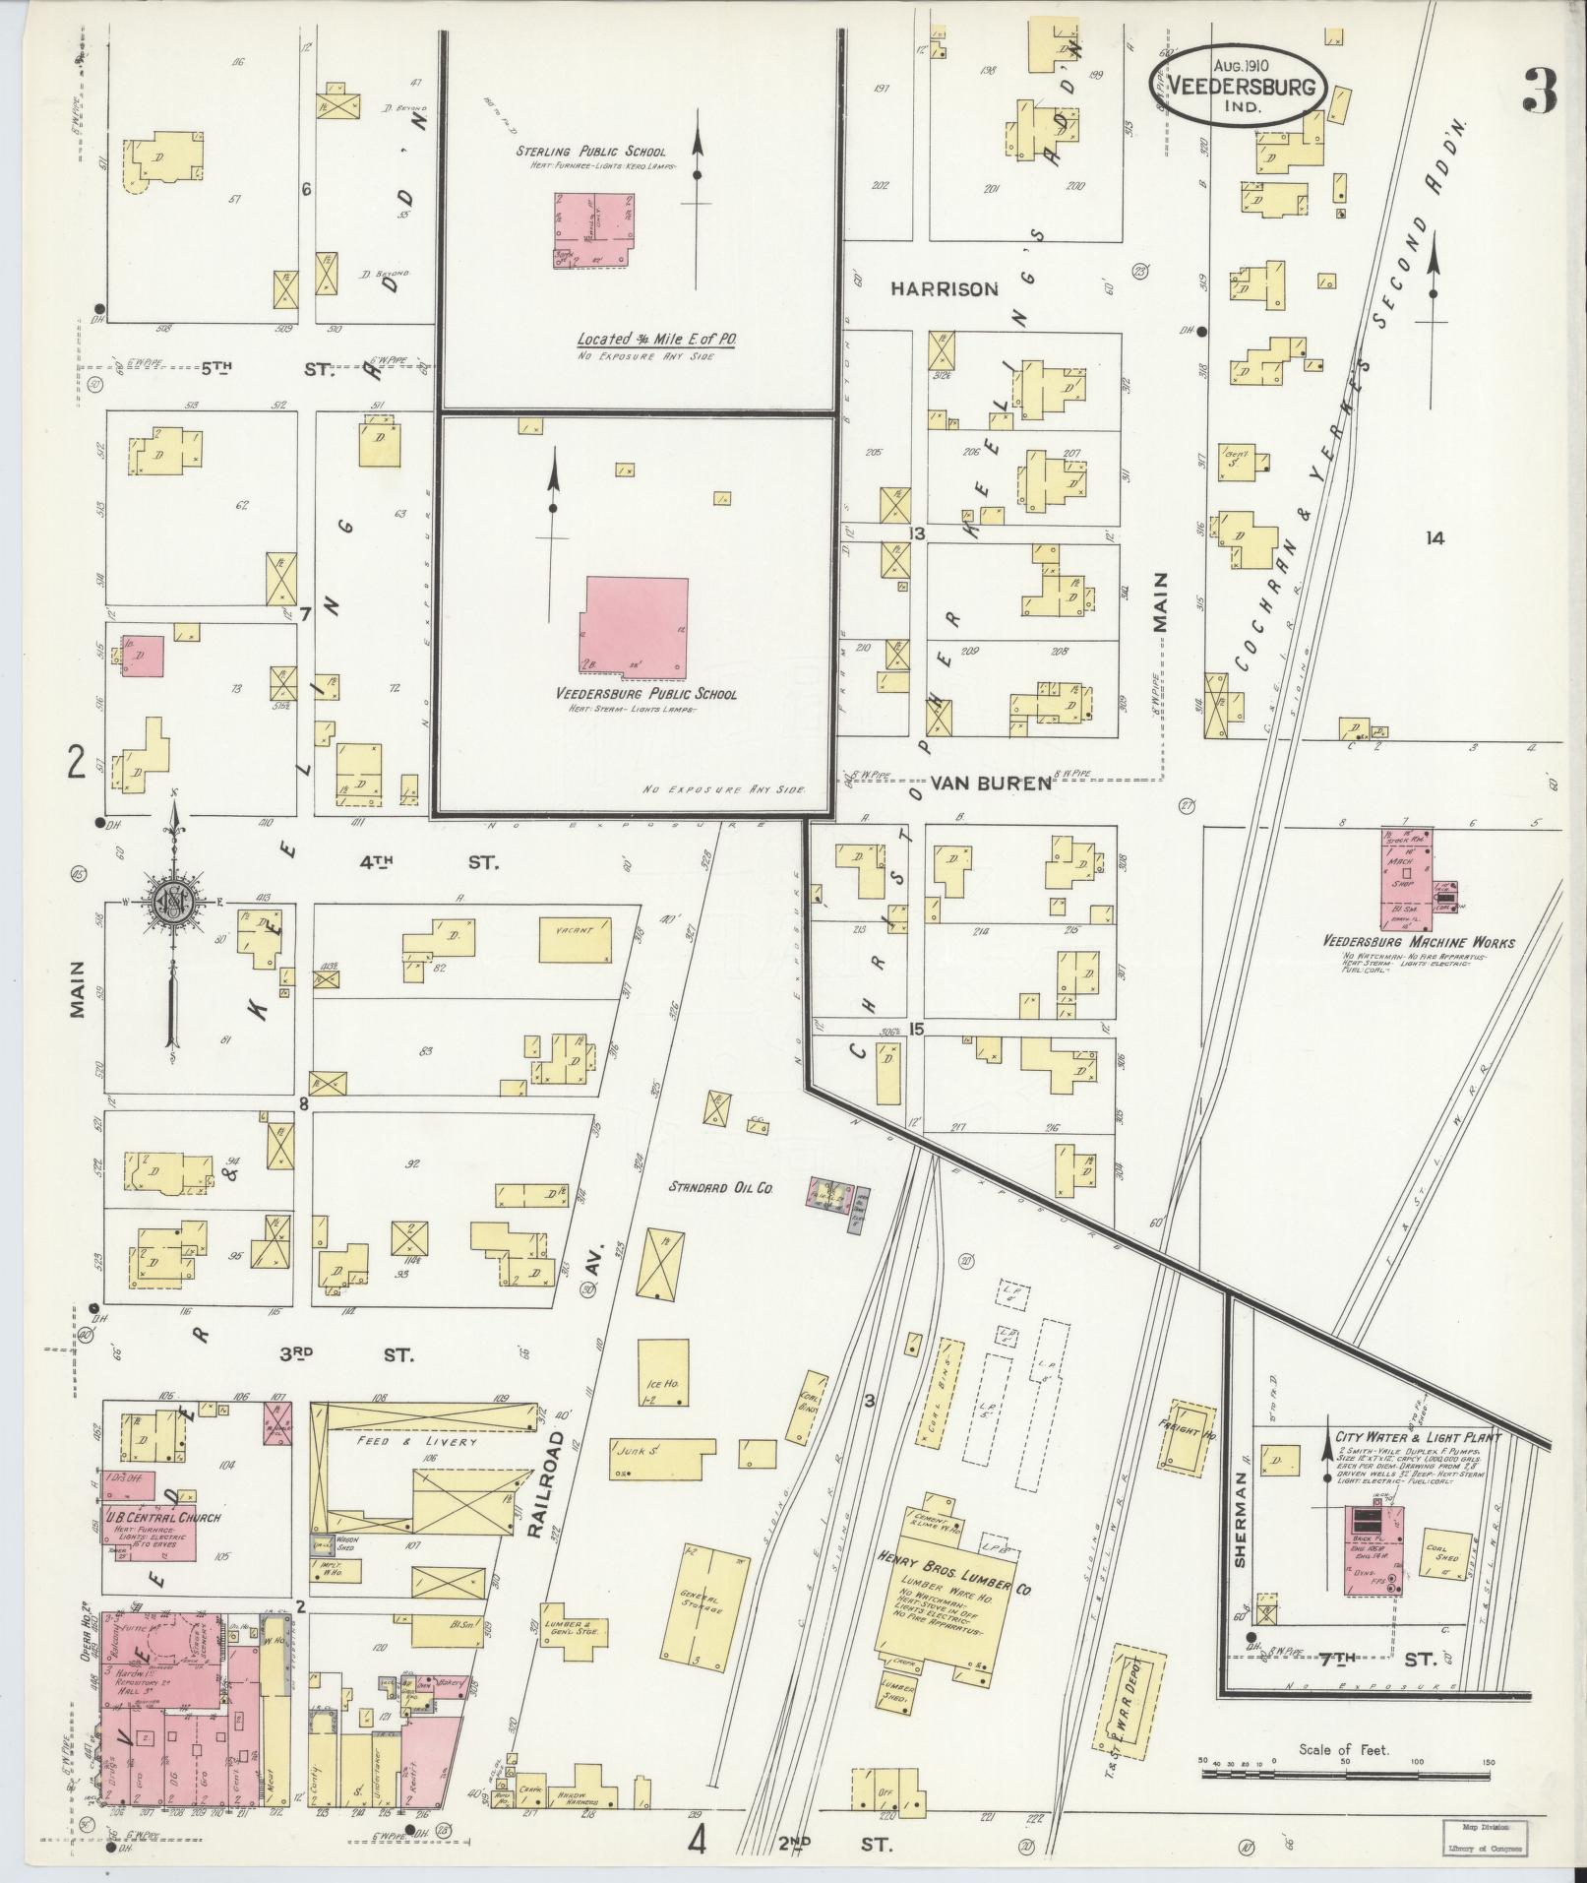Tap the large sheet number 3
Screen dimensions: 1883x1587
click(1538, 91)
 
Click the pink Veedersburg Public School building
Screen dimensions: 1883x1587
click(635, 627)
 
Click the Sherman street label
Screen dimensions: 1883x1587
click(1239, 1533)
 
